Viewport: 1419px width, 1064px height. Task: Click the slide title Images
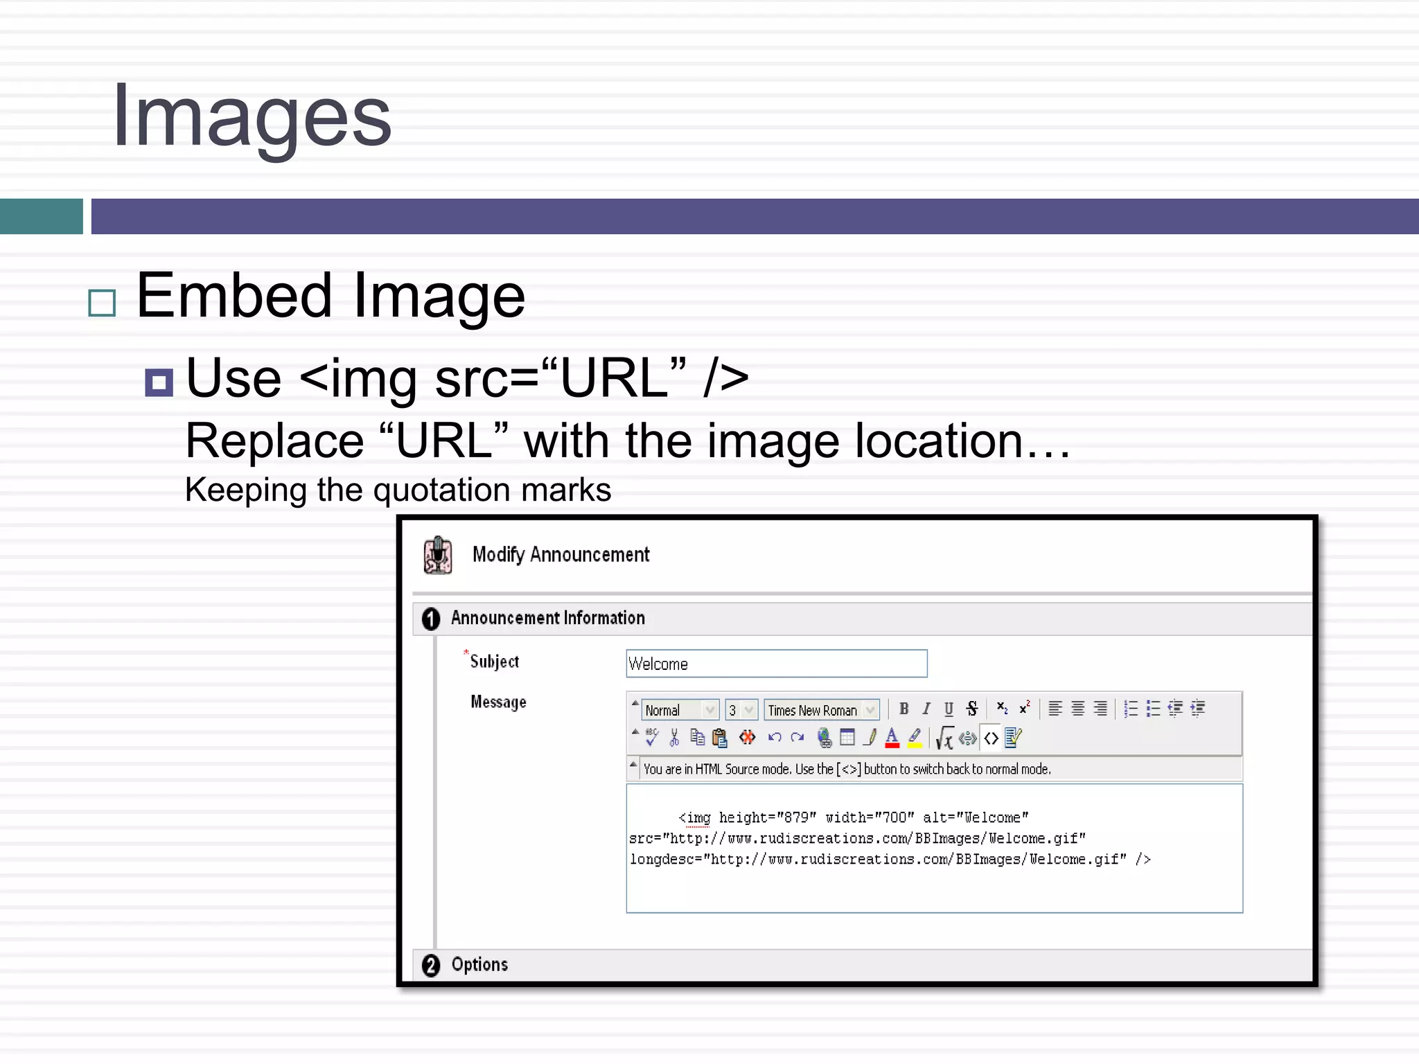(x=252, y=116)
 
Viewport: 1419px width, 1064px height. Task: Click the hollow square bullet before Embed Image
(x=103, y=303)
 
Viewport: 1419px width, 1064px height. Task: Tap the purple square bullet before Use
(x=159, y=382)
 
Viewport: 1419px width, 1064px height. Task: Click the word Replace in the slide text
(x=274, y=441)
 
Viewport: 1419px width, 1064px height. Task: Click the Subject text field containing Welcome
(x=776, y=664)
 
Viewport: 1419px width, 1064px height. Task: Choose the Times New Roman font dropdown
(x=822, y=710)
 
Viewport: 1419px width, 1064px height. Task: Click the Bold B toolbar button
(x=904, y=709)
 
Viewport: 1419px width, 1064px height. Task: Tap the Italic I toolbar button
(x=926, y=709)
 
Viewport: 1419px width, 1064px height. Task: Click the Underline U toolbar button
(x=949, y=709)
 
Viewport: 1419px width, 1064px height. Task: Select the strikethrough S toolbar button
(x=972, y=709)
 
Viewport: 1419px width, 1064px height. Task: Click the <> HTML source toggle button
(x=991, y=738)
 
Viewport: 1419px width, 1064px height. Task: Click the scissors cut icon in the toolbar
(x=674, y=738)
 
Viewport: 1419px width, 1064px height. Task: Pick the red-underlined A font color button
(x=892, y=738)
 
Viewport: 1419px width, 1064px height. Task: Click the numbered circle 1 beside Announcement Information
(x=431, y=619)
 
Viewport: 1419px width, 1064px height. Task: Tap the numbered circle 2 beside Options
(x=431, y=965)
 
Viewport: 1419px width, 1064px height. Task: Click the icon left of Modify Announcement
(x=438, y=556)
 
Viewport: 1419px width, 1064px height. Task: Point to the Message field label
(x=498, y=702)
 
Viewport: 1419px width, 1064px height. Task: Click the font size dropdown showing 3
(x=741, y=710)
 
